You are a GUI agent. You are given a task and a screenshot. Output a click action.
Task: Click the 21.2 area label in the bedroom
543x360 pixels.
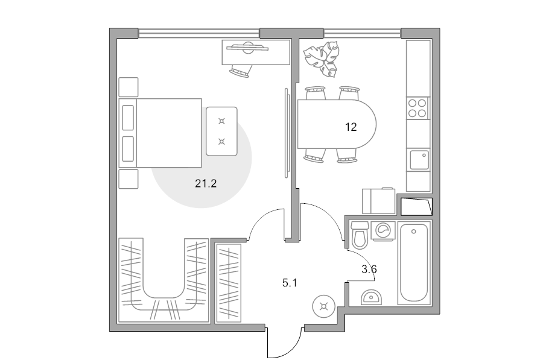click(206, 183)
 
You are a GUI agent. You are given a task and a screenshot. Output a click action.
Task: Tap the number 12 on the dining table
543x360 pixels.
click(351, 127)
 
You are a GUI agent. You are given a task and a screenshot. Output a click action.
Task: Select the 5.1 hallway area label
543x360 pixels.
click(290, 283)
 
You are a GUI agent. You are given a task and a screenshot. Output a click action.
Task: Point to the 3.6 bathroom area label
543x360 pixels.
click(369, 269)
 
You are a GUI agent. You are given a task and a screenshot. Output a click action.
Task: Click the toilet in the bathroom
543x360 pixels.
click(360, 235)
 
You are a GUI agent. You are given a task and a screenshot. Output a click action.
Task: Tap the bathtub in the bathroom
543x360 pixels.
click(414, 263)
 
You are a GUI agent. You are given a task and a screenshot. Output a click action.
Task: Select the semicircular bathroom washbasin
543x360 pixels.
click(371, 297)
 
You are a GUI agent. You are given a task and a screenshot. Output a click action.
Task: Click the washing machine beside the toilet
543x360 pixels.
click(383, 230)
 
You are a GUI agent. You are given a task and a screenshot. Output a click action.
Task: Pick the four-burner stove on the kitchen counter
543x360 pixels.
click(418, 108)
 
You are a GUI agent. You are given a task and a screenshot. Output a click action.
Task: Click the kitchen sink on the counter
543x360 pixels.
click(419, 160)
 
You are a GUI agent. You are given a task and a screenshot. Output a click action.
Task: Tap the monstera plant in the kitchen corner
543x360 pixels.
click(322, 59)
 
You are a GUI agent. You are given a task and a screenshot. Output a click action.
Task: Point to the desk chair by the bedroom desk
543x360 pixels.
click(240, 71)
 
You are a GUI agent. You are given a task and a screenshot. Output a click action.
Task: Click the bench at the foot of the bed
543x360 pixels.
click(221, 131)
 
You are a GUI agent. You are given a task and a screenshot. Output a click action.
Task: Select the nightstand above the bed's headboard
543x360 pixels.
click(129, 87)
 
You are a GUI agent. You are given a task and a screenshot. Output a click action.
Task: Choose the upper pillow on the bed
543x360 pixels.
click(128, 118)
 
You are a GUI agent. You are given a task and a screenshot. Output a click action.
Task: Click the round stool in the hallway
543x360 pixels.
click(324, 306)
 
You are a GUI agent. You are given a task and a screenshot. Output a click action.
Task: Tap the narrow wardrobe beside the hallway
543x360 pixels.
click(228, 283)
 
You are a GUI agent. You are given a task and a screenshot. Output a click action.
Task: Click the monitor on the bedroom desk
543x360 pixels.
click(247, 48)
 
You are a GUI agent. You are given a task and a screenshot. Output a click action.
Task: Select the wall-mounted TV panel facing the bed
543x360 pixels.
click(287, 133)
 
